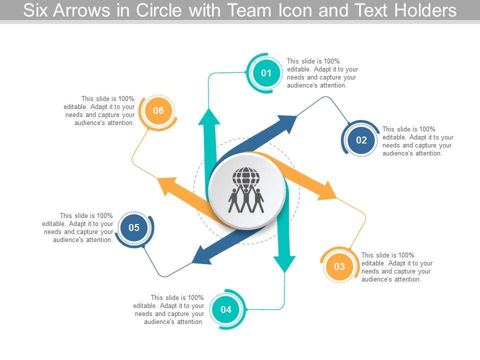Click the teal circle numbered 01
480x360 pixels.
pos(266,73)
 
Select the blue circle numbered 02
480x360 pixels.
pos(361,140)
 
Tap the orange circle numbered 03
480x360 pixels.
pos(339,266)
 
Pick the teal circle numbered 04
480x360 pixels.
pos(226,309)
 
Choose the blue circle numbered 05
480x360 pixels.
pos(134,228)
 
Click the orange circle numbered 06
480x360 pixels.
pos(158,110)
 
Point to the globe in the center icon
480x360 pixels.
pos(246,176)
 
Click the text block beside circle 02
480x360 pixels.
pos(418,141)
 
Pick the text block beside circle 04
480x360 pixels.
pos(169,310)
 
